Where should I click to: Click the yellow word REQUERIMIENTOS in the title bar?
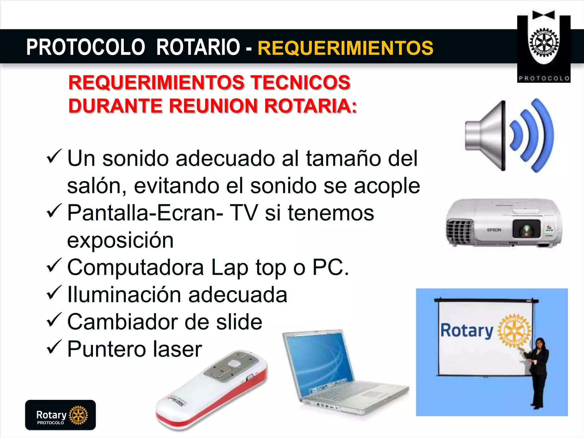click(x=345, y=48)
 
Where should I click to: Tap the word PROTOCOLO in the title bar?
click(x=86, y=47)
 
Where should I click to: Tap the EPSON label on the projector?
click(x=494, y=230)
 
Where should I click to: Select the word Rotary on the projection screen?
click(x=467, y=331)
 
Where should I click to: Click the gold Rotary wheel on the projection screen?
click(x=514, y=331)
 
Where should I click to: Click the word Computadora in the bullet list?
click(x=135, y=267)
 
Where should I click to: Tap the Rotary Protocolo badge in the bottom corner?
click(x=60, y=415)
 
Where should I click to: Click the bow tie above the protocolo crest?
click(x=544, y=15)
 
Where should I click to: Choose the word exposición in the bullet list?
click(x=120, y=240)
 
